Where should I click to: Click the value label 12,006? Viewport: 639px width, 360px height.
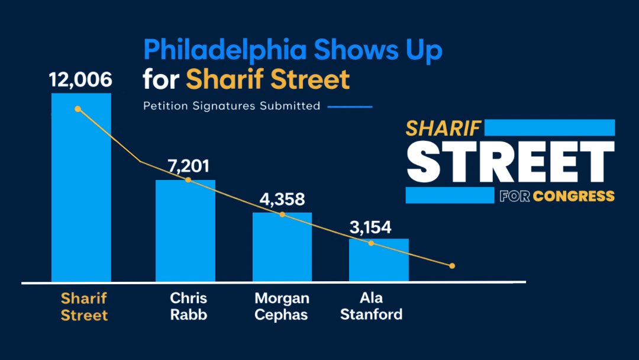coord(81,80)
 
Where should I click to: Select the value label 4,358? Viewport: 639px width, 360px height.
coord(282,200)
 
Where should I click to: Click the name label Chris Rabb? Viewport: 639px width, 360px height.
coord(189,306)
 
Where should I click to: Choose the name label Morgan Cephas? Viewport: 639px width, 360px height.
coord(282,306)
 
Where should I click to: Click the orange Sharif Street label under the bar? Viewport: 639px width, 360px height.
coord(84,306)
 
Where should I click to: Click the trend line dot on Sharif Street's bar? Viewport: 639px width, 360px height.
coord(78,109)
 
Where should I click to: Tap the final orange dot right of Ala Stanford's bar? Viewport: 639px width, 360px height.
coord(452,266)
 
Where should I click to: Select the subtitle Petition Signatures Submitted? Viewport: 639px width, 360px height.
coord(231,107)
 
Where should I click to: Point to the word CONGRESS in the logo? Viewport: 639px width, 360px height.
coord(573,196)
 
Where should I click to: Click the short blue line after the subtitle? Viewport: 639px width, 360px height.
coord(350,107)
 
